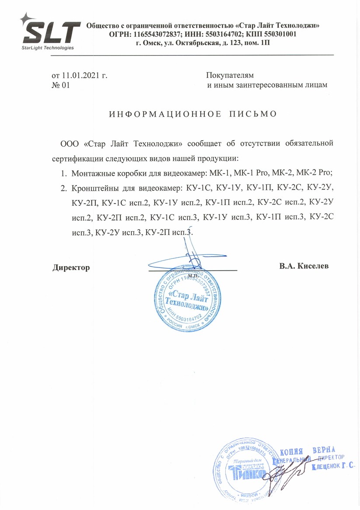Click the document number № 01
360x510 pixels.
pos(61,85)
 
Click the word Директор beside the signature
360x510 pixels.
pos(71,267)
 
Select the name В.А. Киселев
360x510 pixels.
pos(304,266)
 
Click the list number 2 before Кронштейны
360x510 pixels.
pos(63,189)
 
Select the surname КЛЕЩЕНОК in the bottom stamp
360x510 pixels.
pos(327,468)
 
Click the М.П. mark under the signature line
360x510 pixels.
pos(193,276)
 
